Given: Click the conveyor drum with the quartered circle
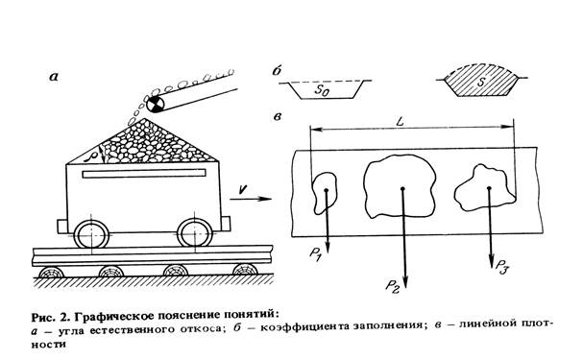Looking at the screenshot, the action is (x=155, y=104).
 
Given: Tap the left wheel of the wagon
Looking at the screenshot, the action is (x=91, y=234).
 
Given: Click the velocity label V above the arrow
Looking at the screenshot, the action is (x=243, y=189).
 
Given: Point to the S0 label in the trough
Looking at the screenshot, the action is (x=322, y=90).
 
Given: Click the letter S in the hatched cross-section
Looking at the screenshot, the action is (x=481, y=83).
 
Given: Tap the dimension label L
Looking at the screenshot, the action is (x=401, y=122).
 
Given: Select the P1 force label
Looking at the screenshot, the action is (x=315, y=254).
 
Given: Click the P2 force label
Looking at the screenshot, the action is (x=392, y=286).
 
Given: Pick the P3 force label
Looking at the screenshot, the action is (x=501, y=266).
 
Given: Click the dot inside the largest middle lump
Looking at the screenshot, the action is (x=402, y=189).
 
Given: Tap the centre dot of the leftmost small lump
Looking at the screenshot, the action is (x=327, y=190).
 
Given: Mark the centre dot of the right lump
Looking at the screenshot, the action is (x=489, y=188).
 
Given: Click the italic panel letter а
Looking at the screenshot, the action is (x=54, y=77).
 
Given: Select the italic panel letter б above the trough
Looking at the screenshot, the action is (x=277, y=71).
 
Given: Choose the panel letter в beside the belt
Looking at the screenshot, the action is (x=277, y=117).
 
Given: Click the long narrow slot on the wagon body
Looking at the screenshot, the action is (x=144, y=174).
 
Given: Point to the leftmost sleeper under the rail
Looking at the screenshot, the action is (x=52, y=273).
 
